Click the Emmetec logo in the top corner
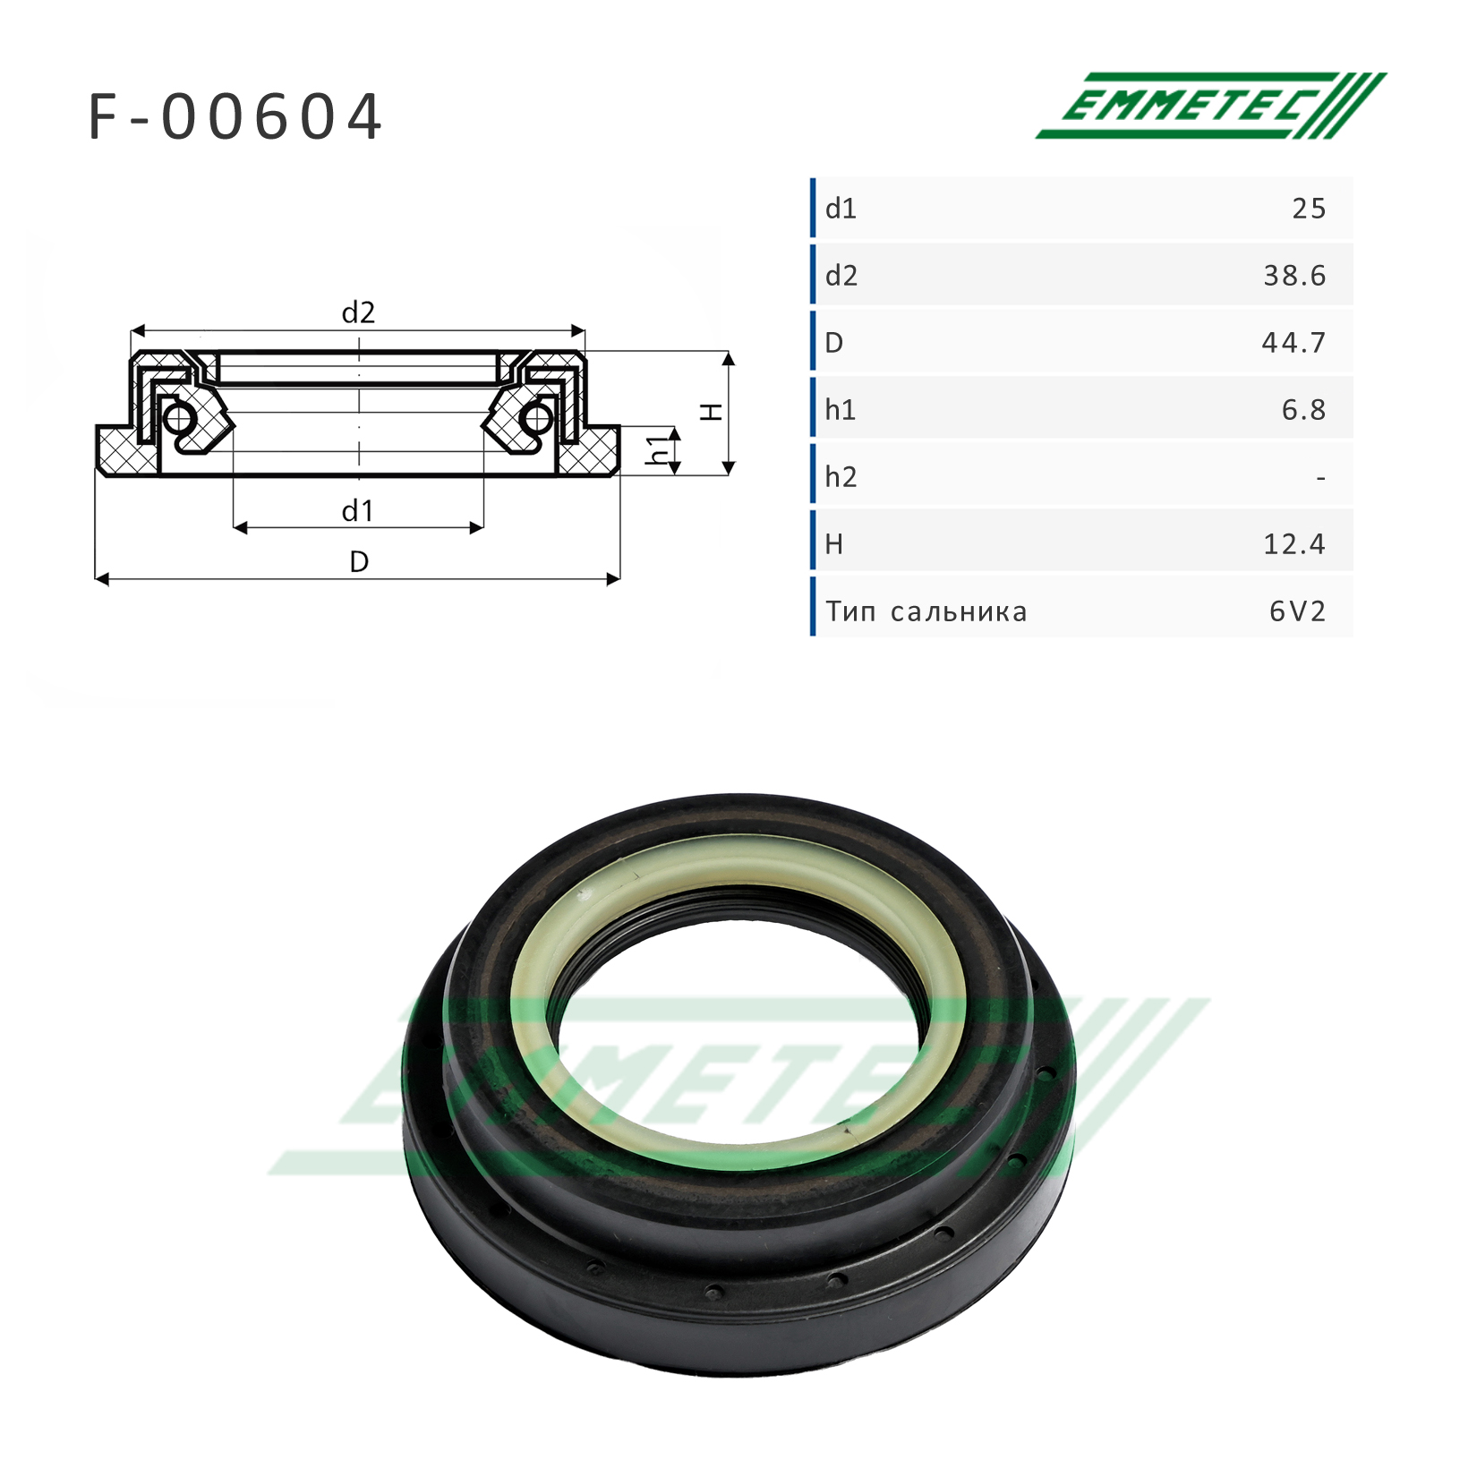click(1211, 106)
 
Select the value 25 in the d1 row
click(1309, 209)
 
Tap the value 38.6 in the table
click(1294, 276)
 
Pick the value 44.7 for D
click(1293, 343)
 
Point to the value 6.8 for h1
click(1303, 410)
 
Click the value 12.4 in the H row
click(1294, 544)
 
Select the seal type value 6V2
click(1297, 611)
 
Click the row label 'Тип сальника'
click(926, 611)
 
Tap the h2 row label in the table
click(841, 477)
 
